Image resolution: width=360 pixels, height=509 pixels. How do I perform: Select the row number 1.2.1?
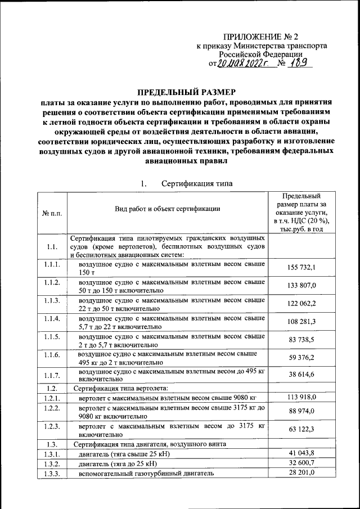pos(51,398)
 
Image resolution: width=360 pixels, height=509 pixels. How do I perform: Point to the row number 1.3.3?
pos(51,474)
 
